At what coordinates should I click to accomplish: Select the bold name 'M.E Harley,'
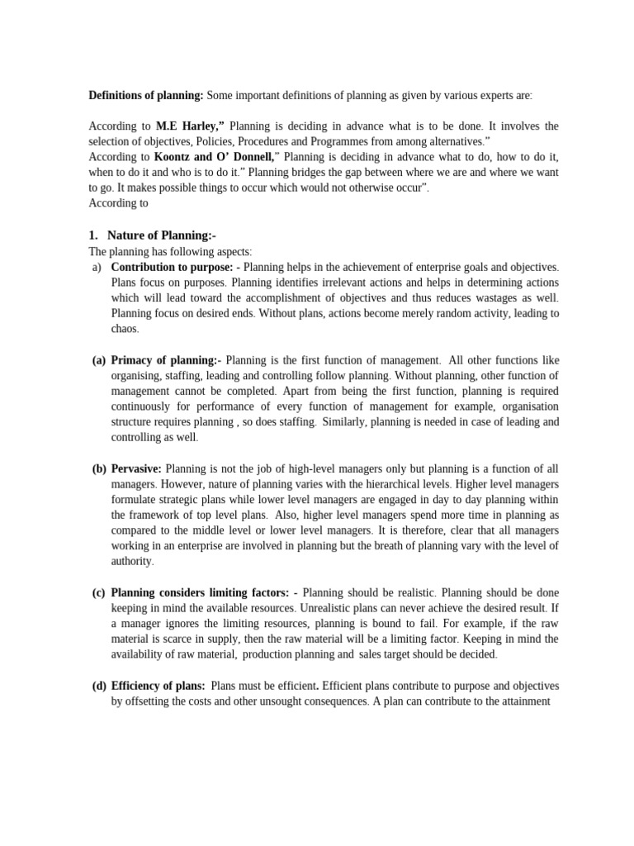coord(191,126)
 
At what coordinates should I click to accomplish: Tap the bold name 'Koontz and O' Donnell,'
coord(217,157)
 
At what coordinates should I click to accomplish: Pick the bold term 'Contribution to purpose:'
coord(173,267)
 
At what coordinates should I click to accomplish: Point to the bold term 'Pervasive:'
coord(136,468)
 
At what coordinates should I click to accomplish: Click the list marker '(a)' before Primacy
coord(98,360)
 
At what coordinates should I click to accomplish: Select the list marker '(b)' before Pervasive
coord(98,468)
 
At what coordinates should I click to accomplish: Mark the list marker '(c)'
coord(98,592)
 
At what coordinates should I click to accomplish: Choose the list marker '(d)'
coord(98,686)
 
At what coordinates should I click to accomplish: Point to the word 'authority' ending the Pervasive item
coord(131,562)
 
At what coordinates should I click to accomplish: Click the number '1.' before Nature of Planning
coord(93,235)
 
